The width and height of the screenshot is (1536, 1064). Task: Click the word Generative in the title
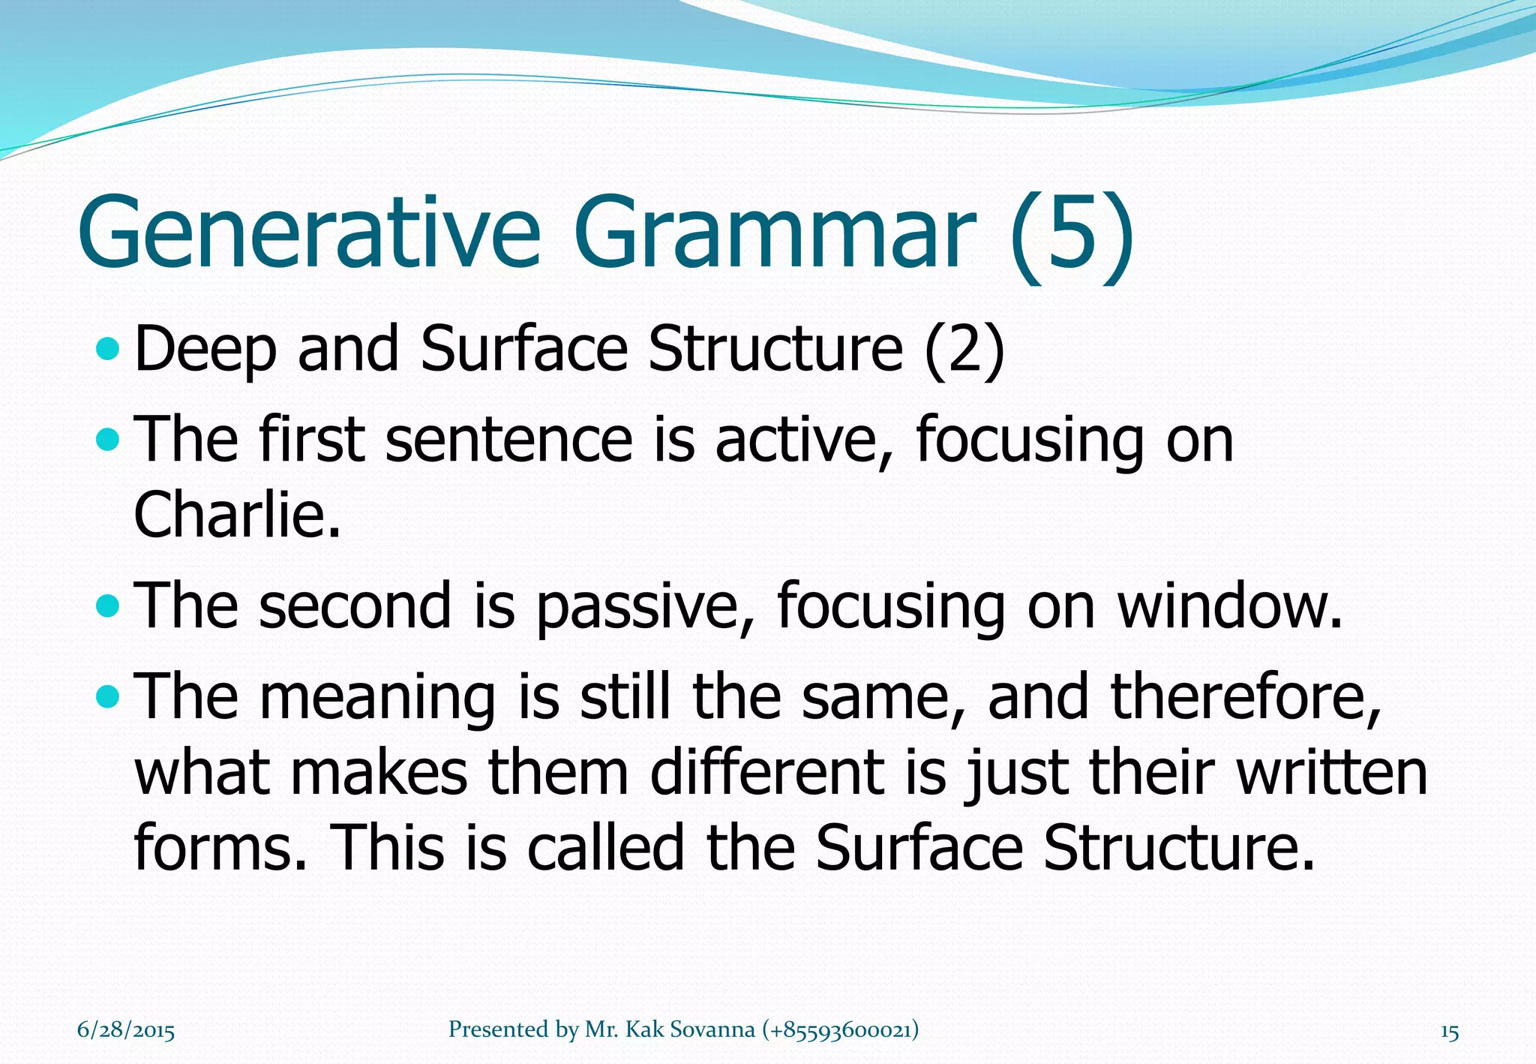click(x=308, y=232)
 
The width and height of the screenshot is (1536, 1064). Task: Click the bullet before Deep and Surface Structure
click(x=108, y=349)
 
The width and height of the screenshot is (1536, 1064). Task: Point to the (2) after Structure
click(x=964, y=350)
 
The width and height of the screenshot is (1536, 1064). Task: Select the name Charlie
click(x=236, y=515)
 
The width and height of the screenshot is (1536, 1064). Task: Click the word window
click(x=1228, y=606)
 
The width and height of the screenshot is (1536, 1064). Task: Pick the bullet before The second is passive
click(x=108, y=606)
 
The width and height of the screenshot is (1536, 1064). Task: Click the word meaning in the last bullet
click(x=377, y=698)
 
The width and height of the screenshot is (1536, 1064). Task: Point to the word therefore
click(x=1246, y=698)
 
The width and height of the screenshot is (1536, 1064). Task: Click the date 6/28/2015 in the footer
click(x=126, y=1030)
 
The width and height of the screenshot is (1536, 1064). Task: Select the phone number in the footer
click(x=840, y=1030)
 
